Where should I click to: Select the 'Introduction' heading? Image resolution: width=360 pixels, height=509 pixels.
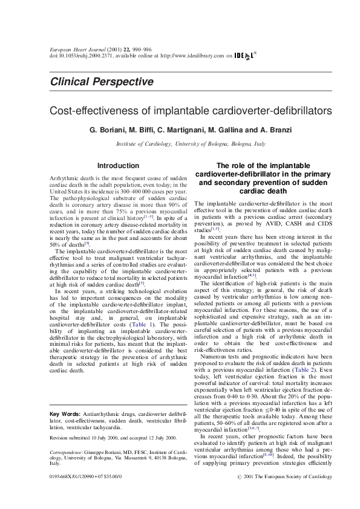[x=118, y=165]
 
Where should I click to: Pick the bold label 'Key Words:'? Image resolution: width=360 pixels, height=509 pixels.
[x=64, y=413]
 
